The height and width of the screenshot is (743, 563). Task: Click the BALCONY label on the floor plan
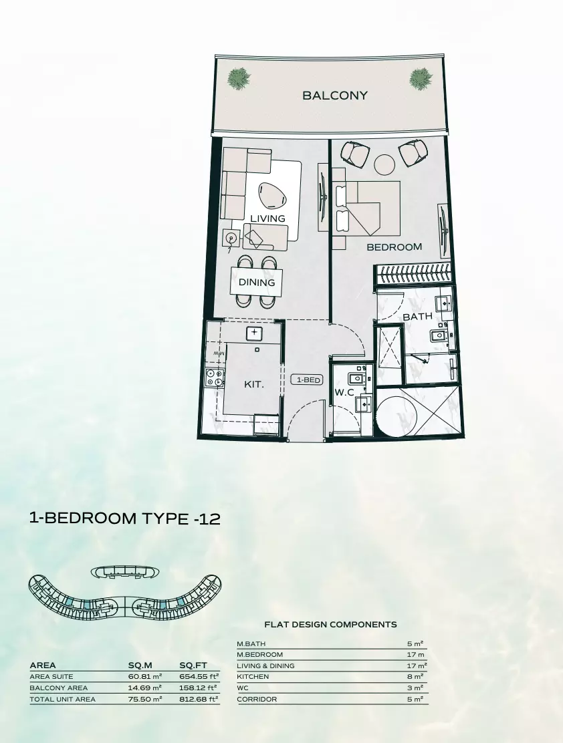(335, 96)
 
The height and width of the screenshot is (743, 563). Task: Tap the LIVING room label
(267, 218)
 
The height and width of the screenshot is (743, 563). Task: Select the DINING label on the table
(257, 283)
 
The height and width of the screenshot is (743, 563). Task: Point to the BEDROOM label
(394, 247)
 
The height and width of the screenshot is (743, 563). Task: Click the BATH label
(417, 316)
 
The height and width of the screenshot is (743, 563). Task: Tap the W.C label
(344, 392)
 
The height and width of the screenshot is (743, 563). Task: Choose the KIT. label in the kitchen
(253, 385)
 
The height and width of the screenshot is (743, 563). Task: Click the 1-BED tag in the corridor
(307, 380)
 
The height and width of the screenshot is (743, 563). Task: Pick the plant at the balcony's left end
(239, 79)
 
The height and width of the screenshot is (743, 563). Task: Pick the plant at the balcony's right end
(420, 79)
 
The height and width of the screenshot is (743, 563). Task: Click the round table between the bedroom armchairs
(384, 164)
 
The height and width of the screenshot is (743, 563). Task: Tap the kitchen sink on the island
(254, 332)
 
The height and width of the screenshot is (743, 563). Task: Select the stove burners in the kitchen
(214, 378)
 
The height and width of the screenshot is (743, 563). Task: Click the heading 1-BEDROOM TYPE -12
(124, 518)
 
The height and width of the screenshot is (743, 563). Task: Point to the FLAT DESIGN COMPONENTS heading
(330, 625)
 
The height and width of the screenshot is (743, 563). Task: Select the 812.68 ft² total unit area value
(199, 699)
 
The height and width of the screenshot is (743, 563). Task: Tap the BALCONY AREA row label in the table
(59, 688)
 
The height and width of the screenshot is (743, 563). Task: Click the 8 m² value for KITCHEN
(415, 676)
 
